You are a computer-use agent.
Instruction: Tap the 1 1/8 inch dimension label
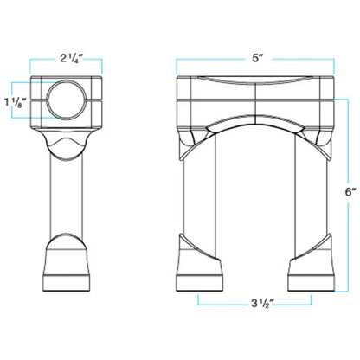point(16,103)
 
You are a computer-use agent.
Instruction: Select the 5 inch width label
point(258,58)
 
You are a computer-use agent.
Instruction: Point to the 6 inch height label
point(350,192)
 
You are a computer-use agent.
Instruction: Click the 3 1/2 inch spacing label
point(262,304)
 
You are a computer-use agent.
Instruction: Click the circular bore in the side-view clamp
point(67,100)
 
